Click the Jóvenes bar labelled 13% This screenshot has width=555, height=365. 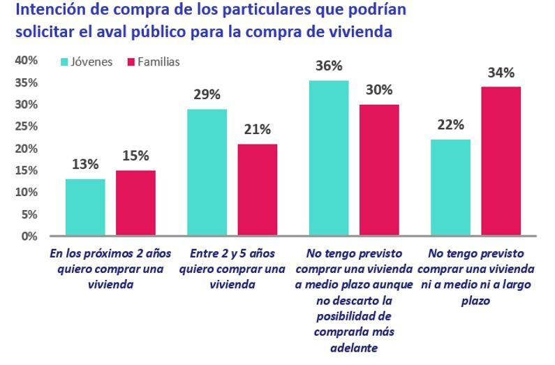click(x=85, y=207)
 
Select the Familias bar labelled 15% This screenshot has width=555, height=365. click(x=135, y=203)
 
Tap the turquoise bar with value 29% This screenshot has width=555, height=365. click(x=207, y=172)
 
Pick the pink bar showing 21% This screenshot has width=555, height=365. click(x=257, y=190)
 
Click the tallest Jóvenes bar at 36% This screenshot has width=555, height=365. click(x=328, y=158)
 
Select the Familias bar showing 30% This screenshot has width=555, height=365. click(x=378, y=170)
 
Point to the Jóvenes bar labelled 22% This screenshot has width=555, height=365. click(x=450, y=188)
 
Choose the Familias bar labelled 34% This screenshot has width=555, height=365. click(x=501, y=161)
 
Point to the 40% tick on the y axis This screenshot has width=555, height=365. click(x=26, y=61)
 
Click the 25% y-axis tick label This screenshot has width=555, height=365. click(x=26, y=126)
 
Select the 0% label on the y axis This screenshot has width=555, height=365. click(x=29, y=236)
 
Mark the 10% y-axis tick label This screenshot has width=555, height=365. click(x=26, y=192)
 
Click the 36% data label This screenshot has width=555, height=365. click(x=328, y=66)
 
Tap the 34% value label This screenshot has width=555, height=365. click(x=501, y=73)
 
